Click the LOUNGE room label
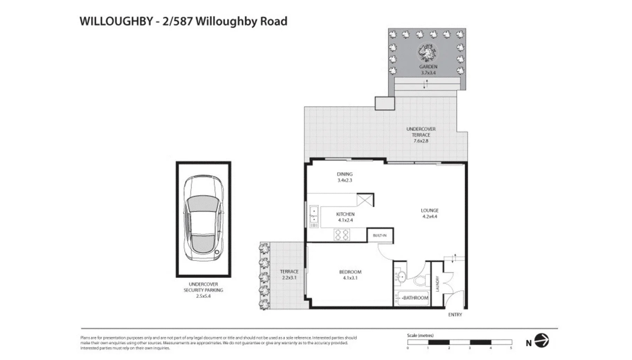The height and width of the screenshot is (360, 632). pyautogui.click(x=429, y=210)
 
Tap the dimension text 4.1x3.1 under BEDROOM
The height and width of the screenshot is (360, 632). pyautogui.click(x=350, y=278)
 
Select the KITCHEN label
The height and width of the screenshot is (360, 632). pyautogui.click(x=345, y=214)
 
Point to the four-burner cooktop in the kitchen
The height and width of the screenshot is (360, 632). pyautogui.click(x=342, y=235)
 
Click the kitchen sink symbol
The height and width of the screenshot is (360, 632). pyautogui.click(x=314, y=215)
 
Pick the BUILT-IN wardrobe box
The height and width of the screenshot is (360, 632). pyautogui.click(x=380, y=235)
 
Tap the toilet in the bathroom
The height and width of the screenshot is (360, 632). pyautogui.click(x=420, y=280)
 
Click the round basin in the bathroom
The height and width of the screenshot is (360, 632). pyautogui.click(x=402, y=277)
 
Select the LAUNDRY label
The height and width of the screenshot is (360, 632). pyautogui.click(x=437, y=283)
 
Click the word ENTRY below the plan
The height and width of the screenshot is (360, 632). pyautogui.click(x=455, y=314)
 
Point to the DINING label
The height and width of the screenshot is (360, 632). pyautogui.click(x=345, y=174)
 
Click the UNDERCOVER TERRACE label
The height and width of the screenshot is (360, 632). pyautogui.click(x=421, y=132)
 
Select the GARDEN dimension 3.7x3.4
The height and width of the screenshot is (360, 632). pyautogui.click(x=428, y=73)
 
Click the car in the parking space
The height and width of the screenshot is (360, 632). pyautogui.click(x=203, y=219)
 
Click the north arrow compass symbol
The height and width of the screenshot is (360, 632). pyautogui.click(x=541, y=340)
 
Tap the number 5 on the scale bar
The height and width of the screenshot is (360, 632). pyautogui.click(x=511, y=348)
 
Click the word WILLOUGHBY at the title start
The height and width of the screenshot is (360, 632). pyautogui.click(x=116, y=21)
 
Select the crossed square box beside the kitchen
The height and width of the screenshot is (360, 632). pyautogui.click(x=365, y=200)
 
